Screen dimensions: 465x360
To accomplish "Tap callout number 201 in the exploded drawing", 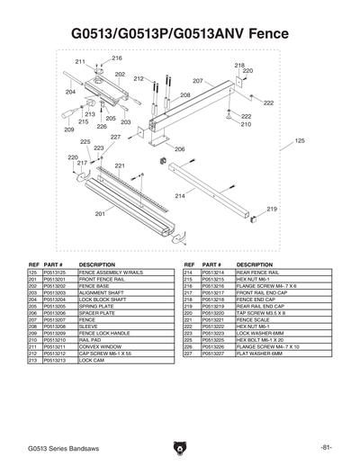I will tap(100, 214).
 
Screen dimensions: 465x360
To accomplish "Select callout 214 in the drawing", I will tap(180, 195).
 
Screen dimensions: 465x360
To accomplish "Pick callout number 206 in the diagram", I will tap(179, 149).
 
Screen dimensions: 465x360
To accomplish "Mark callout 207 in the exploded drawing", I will tap(198, 82).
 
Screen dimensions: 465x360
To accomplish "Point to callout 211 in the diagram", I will tap(80, 61).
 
